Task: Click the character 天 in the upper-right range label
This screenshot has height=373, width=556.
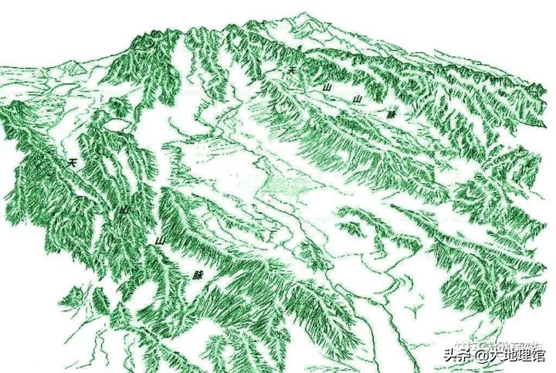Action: tap(291, 70)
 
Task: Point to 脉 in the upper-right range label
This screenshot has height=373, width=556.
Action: tap(392, 114)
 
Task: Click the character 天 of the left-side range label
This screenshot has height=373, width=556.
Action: tap(72, 163)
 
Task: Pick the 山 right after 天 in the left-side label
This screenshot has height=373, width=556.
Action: tap(124, 210)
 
